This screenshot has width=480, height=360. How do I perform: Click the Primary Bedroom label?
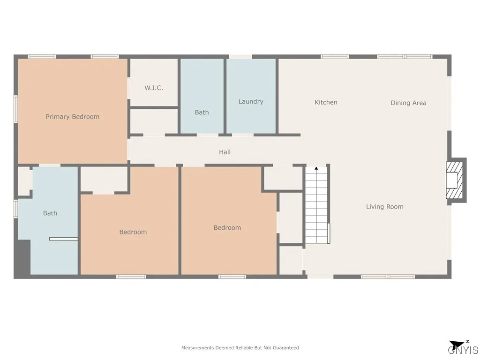point(72,117)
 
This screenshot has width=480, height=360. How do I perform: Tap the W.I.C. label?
point(154,88)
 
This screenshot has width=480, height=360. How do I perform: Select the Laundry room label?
point(251,102)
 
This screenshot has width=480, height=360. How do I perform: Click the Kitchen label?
point(326,102)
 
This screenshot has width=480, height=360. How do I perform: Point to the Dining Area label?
point(408,103)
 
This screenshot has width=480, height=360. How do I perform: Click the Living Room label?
point(384,207)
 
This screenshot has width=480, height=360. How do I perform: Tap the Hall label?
point(225,152)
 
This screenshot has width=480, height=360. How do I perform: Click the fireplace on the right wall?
point(455,180)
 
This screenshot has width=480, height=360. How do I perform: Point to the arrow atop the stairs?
point(316,168)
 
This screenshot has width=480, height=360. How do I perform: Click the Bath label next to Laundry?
point(202,112)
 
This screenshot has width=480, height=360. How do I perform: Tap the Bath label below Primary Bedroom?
point(50,213)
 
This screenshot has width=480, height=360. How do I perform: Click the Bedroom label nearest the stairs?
point(227,228)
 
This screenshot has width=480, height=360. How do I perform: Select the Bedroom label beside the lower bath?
point(133,232)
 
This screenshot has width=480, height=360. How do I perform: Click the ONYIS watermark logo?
point(463,350)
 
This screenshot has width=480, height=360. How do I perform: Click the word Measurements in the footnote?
point(197,348)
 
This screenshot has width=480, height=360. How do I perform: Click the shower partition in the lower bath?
point(63,239)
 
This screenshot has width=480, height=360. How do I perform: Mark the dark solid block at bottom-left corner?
point(22,258)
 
